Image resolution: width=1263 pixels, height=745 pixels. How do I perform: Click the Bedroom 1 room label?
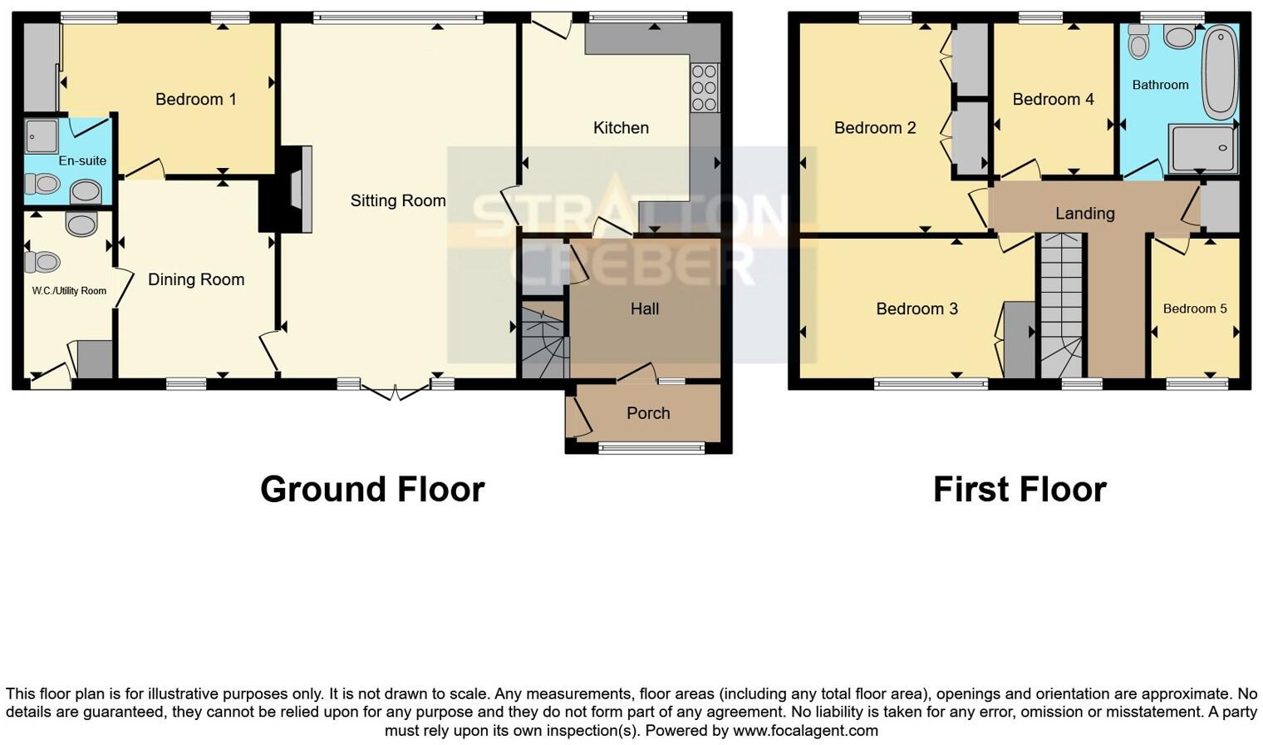pos(195,100)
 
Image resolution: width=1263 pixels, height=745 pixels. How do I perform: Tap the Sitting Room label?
pos(397,200)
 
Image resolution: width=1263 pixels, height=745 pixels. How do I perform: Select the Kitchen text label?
pos(620,128)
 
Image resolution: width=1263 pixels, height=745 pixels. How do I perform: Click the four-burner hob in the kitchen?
pos(704,87)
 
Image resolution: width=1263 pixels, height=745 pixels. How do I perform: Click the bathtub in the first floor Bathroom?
pos(1219,72)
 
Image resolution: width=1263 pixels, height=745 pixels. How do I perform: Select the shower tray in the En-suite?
pos(41,136)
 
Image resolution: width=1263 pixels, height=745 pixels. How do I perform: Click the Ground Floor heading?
pos(372,489)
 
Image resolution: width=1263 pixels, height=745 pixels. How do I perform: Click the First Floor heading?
pos(1019,489)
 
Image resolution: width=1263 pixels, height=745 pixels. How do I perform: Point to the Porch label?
pos(647,413)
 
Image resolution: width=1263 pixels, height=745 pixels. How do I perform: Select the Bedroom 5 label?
pos(1194,308)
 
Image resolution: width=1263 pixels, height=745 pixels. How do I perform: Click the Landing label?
pos(1084,214)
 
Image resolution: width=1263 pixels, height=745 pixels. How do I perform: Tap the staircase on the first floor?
pos(1062,303)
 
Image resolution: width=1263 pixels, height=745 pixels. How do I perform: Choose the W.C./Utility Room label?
pos(69,291)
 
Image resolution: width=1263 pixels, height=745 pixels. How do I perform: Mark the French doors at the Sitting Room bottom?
pos(396,389)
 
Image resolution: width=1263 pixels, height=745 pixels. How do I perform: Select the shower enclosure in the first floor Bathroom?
pos(1202,148)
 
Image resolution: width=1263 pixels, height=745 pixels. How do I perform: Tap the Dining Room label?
pos(196,280)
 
